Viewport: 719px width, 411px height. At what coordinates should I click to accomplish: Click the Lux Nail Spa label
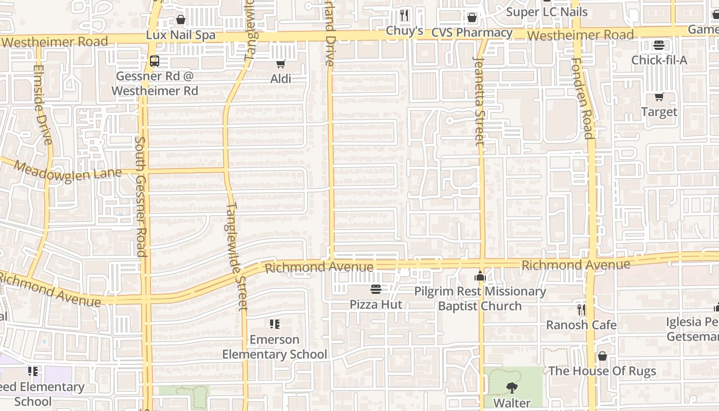click(x=180, y=35)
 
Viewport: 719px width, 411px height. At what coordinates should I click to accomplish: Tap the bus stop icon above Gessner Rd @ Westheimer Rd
click(x=155, y=61)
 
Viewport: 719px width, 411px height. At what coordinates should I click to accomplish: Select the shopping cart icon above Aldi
click(x=280, y=64)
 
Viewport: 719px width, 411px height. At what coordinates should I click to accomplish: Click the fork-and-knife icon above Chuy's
click(x=404, y=15)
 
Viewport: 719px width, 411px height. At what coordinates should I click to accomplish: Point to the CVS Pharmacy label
click(x=471, y=33)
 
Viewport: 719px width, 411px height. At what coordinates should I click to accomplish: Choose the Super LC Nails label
click(x=546, y=11)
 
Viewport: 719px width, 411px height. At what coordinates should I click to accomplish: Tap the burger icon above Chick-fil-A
click(x=659, y=45)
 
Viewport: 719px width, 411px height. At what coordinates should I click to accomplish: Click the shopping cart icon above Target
click(x=659, y=97)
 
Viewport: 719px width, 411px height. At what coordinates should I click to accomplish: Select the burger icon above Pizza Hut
click(x=376, y=289)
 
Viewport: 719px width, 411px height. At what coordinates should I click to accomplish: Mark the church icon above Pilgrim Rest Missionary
click(x=480, y=276)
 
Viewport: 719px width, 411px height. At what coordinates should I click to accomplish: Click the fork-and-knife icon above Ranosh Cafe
click(x=581, y=309)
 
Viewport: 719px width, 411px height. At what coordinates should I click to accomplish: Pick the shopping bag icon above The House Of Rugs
click(x=602, y=356)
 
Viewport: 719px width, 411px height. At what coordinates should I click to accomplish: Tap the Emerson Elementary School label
click(x=274, y=347)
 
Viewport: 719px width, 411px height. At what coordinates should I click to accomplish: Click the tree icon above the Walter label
click(x=512, y=388)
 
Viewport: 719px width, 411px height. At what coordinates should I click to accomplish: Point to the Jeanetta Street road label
click(x=479, y=100)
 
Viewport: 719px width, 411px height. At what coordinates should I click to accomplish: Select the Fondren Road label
click(x=582, y=98)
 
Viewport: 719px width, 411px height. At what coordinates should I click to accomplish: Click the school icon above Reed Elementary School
click(x=33, y=371)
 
